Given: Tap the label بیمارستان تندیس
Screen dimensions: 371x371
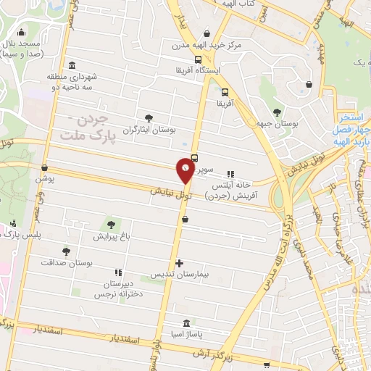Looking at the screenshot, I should [x=175, y=275].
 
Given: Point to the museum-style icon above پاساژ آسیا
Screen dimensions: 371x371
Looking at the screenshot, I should [x=187, y=322].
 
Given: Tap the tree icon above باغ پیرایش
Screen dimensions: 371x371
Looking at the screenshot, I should [x=111, y=224].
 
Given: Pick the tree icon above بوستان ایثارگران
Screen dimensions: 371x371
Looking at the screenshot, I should [x=149, y=117].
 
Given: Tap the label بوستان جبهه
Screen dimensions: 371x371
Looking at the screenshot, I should [x=276, y=124].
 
